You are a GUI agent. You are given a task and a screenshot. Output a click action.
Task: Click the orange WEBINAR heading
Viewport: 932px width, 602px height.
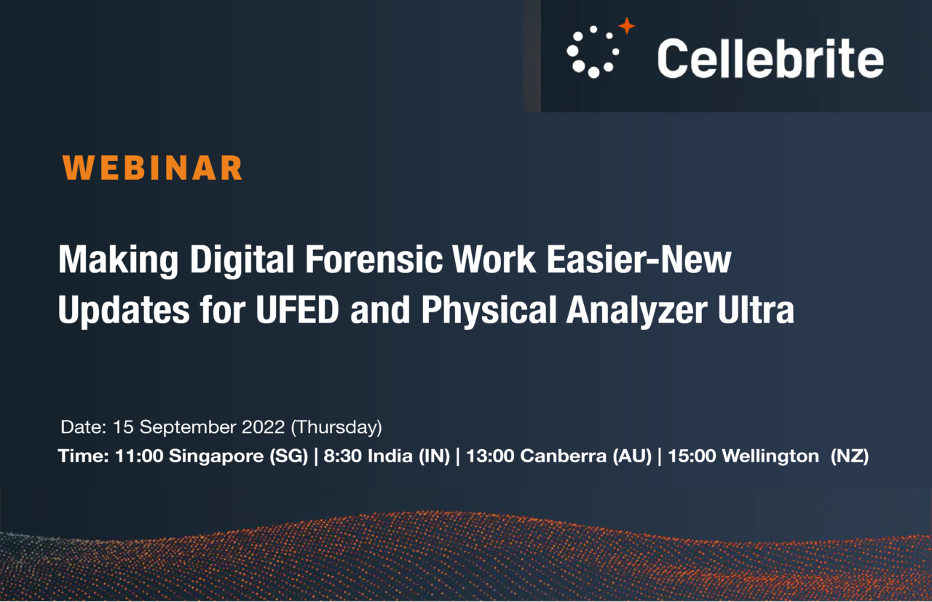click(152, 167)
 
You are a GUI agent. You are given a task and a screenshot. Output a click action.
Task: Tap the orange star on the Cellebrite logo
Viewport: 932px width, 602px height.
click(626, 27)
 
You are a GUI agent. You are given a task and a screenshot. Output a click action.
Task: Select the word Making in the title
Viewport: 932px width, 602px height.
click(108, 261)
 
